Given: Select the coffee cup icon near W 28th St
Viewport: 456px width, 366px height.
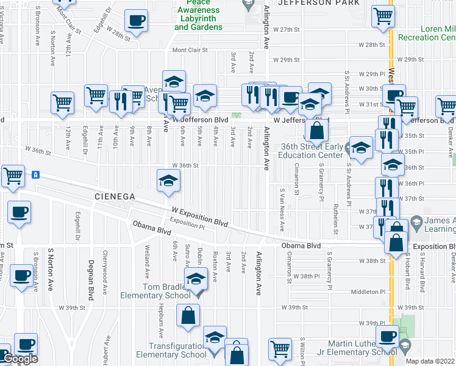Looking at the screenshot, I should click(x=135, y=21).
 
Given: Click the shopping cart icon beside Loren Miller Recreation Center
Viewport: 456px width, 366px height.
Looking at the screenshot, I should click(x=383, y=16).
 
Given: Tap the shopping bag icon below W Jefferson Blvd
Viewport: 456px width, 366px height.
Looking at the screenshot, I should click(x=318, y=130).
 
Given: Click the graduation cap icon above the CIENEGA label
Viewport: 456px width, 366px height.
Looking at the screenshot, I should click(x=169, y=180).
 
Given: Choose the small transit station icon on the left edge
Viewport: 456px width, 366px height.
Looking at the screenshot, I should click(x=36, y=174).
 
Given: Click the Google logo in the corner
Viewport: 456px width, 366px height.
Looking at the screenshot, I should click(x=20, y=359).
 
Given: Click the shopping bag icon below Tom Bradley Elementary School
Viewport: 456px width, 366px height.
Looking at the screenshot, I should click(x=188, y=315).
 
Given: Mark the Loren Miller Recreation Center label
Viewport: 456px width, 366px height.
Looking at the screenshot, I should click(x=426, y=33).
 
